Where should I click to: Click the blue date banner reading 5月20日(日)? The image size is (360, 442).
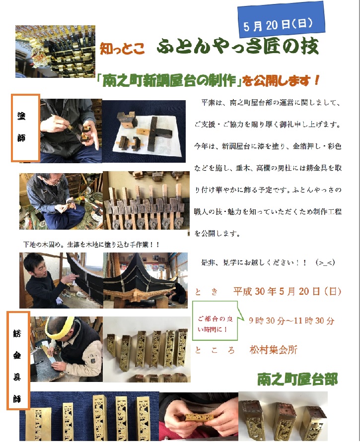[x=281, y=20]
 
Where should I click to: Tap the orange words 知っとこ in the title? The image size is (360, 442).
[x=122, y=49]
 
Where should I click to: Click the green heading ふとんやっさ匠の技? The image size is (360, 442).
[x=238, y=47]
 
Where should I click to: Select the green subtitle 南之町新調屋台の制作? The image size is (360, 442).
[x=169, y=81]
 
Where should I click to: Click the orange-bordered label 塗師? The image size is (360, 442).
[x=25, y=128]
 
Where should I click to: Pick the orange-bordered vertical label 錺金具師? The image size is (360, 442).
[x=18, y=361]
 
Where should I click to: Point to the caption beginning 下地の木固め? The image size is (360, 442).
[x=91, y=245]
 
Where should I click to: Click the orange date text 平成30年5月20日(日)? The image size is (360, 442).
[x=287, y=291]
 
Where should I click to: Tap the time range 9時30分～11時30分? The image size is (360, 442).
[x=291, y=320]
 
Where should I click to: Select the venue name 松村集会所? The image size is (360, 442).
[x=274, y=350]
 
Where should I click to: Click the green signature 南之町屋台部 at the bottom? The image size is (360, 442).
[x=297, y=379]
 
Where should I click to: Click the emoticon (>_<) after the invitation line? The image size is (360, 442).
[x=326, y=262]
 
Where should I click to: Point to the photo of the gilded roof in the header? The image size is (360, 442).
[x=55, y=52]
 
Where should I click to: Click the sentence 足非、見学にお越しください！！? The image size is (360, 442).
[x=254, y=262]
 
